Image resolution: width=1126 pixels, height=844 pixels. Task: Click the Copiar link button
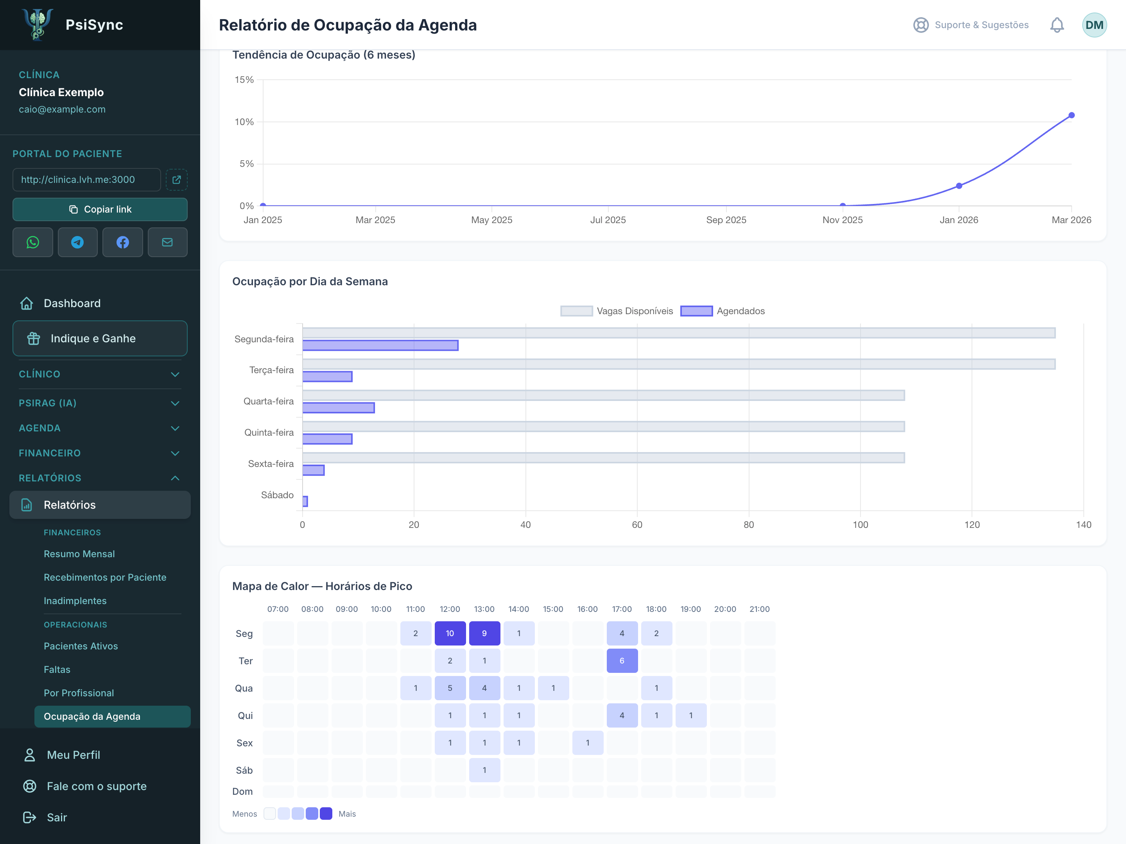(100, 209)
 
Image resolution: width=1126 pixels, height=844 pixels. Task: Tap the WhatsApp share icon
(32, 242)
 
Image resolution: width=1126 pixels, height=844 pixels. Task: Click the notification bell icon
(1057, 25)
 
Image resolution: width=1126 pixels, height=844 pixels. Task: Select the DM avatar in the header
(1094, 25)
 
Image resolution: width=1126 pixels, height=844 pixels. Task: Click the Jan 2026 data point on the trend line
(959, 186)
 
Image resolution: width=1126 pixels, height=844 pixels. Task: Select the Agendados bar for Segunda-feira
(380, 345)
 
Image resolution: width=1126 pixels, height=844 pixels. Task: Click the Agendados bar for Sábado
(305, 501)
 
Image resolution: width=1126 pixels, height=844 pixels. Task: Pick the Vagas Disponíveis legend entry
(617, 311)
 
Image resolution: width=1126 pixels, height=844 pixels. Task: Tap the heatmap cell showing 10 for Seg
(450, 633)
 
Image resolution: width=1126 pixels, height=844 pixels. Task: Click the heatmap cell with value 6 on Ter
(622, 661)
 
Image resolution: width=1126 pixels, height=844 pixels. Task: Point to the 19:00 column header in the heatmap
(691, 609)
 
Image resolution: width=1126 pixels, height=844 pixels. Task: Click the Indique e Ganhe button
(100, 338)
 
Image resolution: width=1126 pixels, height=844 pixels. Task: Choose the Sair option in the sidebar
(57, 817)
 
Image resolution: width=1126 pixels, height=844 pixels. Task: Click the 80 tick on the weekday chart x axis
(748, 524)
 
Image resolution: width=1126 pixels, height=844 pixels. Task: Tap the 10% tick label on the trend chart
(244, 122)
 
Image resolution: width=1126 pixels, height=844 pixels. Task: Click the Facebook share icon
(123, 242)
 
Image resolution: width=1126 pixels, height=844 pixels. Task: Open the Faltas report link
(57, 669)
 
